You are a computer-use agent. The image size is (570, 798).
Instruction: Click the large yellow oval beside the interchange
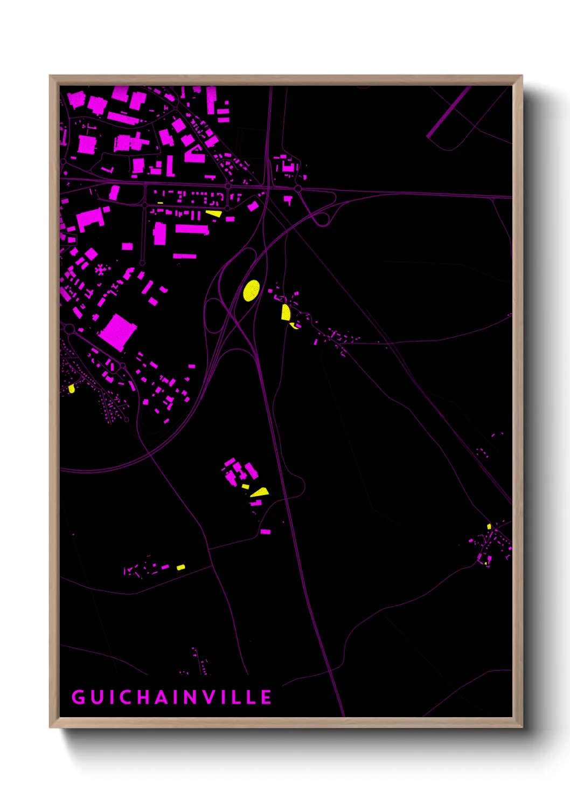tap(251, 290)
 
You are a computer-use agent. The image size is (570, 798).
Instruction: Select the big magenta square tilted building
tap(117, 332)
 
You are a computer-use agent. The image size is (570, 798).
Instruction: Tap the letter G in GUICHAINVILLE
tap(78, 697)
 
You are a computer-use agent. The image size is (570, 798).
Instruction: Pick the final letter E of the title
tap(266, 697)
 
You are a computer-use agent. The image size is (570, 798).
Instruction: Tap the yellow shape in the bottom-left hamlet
tap(181, 567)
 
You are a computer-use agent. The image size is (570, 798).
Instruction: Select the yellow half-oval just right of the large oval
tap(286, 312)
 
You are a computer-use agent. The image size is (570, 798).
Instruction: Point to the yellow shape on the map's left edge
tap(72, 388)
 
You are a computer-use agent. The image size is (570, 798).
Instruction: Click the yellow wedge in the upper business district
tap(214, 214)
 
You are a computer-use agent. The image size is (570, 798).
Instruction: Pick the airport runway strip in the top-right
tap(448, 112)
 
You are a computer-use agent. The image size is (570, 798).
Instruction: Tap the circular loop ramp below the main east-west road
tap(322, 219)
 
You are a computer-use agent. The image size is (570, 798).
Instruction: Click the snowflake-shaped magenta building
tap(100, 269)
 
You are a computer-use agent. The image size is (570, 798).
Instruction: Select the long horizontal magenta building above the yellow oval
tap(192, 229)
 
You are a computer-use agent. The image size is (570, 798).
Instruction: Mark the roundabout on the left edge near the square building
tap(69, 328)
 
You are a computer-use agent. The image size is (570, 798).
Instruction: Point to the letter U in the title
tap(96, 697)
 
